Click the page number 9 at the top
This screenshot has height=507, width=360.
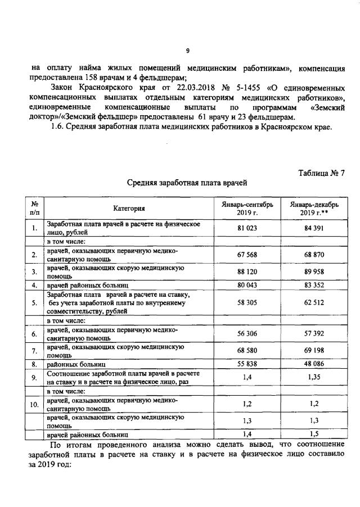pyautogui.click(x=187, y=50)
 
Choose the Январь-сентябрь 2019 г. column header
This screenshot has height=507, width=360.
pyautogui.click(x=247, y=209)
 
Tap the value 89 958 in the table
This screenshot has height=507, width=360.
pyautogui.click(x=311, y=272)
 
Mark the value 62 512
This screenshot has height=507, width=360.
pyautogui.click(x=311, y=302)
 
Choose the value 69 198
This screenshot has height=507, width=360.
pyautogui.click(x=311, y=351)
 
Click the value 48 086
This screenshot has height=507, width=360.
pyautogui.click(x=311, y=364)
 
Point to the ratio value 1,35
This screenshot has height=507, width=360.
pyautogui.click(x=311, y=378)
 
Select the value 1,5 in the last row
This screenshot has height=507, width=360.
pyautogui.click(x=311, y=434)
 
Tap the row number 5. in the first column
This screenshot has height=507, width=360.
pyautogui.click(x=34, y=302)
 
